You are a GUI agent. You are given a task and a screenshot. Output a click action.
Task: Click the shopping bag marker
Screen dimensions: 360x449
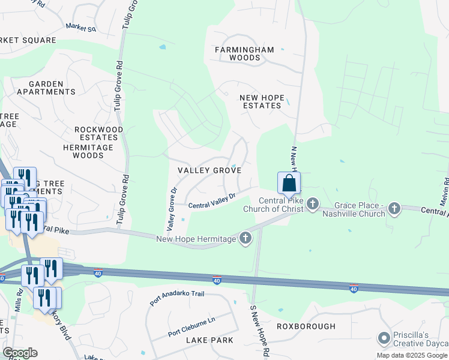(289, 184)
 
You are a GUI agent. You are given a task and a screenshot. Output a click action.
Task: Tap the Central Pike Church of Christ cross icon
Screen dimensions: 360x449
(312, 205)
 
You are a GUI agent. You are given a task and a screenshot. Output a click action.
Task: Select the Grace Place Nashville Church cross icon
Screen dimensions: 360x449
(394, 209)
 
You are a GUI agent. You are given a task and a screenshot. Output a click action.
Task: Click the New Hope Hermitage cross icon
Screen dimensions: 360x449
(245, 239)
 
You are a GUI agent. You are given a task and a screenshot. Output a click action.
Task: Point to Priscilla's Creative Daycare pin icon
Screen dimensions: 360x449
(384, 339)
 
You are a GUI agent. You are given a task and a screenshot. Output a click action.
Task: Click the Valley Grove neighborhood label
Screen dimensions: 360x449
(209, 170)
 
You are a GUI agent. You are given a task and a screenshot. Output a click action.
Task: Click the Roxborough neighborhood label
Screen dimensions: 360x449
(306, 326)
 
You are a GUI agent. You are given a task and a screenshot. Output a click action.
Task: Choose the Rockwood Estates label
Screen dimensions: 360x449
(99, 133)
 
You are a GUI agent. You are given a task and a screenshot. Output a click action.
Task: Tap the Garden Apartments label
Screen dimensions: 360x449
(46, 88)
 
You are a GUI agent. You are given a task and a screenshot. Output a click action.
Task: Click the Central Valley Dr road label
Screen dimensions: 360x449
(211, 201)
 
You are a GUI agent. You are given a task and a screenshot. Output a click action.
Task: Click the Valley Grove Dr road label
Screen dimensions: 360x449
(172, 209)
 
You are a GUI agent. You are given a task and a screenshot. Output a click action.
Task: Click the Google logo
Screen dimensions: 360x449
(19, 353)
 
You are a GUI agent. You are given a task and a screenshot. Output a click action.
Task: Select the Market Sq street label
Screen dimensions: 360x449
(81, 28)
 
